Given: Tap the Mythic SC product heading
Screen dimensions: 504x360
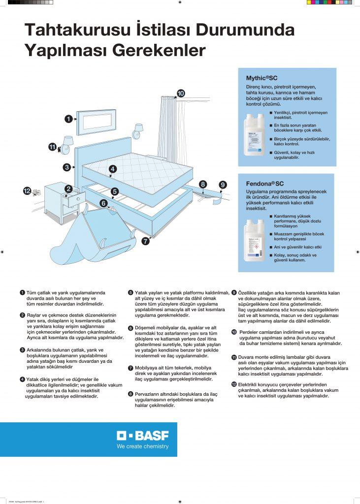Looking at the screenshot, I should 262,78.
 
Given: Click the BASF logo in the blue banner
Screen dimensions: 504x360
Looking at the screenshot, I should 142,436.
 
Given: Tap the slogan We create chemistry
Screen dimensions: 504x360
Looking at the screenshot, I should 142,447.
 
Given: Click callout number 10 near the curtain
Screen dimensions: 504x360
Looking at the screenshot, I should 180,93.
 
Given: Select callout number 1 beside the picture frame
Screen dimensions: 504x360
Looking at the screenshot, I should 69,118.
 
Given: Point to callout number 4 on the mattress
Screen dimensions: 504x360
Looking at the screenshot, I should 113,169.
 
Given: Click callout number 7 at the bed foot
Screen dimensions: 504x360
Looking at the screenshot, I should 145,241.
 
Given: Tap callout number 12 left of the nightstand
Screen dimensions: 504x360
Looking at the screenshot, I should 28,190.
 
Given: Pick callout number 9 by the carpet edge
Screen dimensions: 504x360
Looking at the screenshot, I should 223,185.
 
